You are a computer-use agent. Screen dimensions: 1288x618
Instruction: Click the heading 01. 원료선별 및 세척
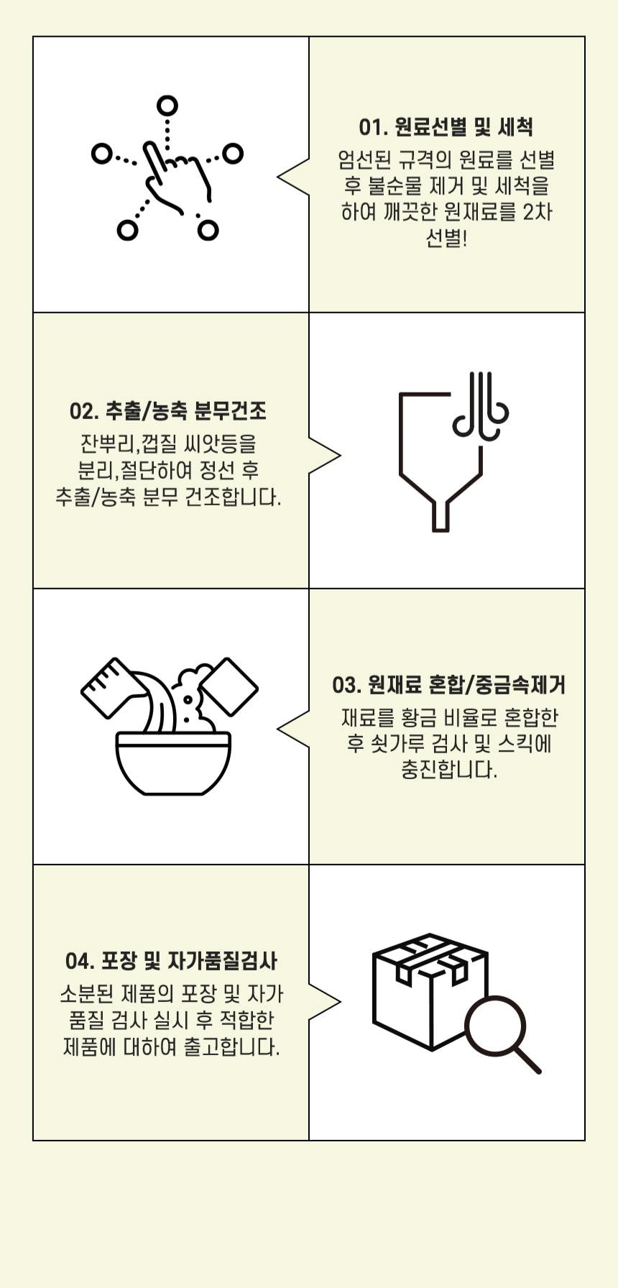[x=446, y=127]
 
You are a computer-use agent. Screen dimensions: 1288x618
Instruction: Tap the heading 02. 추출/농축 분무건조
[x=168, y=411]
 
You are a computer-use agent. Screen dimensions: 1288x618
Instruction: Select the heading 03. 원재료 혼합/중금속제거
[x=448, y=685]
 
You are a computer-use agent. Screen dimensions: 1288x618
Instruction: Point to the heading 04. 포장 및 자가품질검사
[x=171, y=961]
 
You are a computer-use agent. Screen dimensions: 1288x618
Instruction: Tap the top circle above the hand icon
[x=167, y=106]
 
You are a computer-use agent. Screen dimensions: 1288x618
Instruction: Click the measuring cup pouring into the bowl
[x=109, y=686]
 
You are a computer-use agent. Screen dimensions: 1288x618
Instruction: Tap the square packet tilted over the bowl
[x=228, y=686]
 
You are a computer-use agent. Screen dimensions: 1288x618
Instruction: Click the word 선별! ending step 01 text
[x=446, y=239]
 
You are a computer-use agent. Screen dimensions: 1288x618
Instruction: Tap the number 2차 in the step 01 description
[x=538, y=213]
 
